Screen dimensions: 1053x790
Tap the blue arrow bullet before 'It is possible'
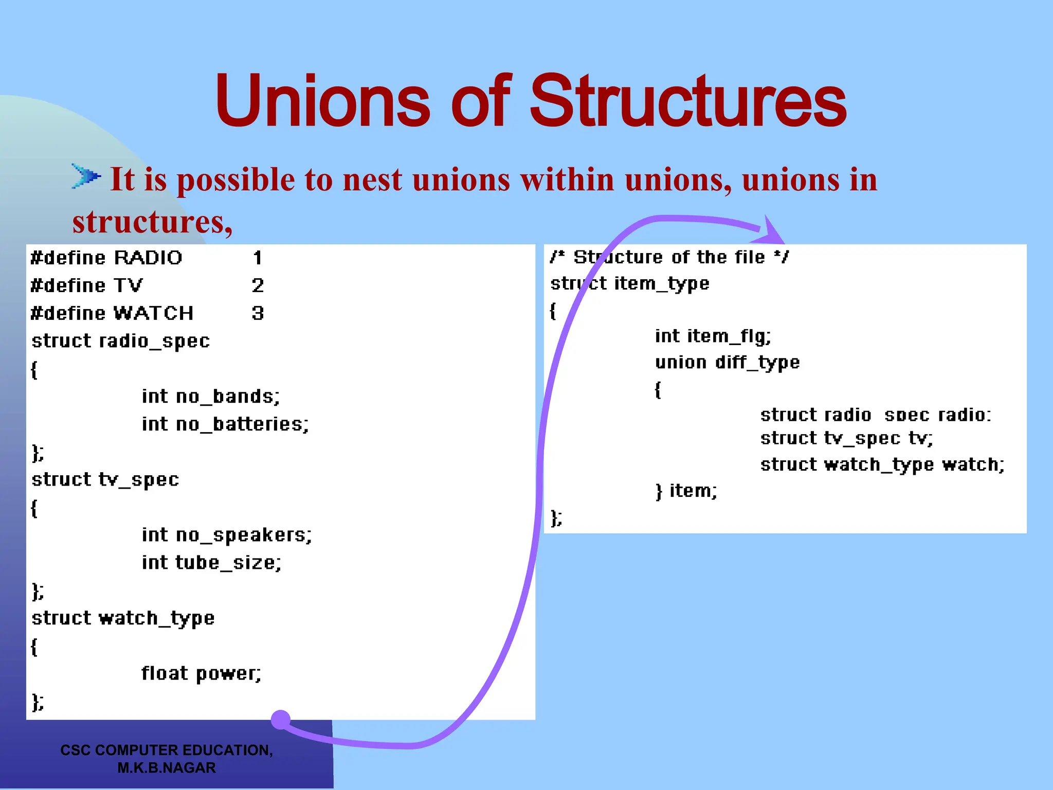pos(85,176)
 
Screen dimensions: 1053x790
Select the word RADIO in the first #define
pos(148,258)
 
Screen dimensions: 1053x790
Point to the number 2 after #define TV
pos(258,285)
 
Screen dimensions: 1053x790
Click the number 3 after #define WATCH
pos(258,313)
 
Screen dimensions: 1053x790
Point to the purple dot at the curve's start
pos(281,720)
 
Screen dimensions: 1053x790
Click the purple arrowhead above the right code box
pos(771,231)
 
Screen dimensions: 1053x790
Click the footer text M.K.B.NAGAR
pos(167,768)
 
